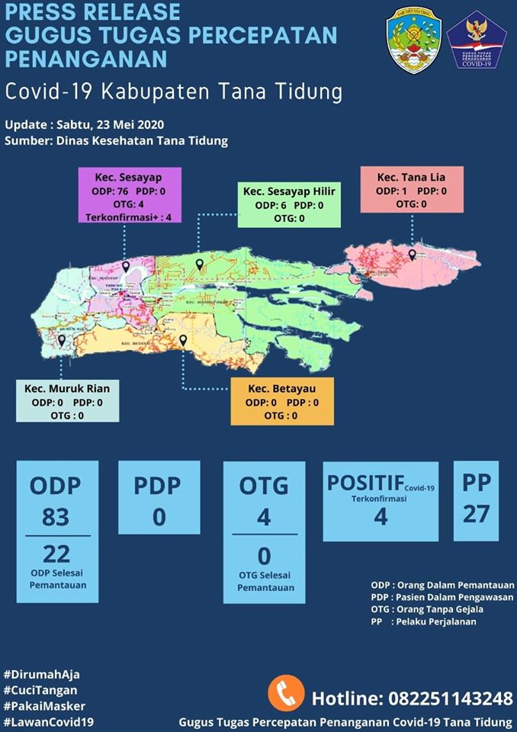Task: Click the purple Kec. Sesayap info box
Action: click(130, 195)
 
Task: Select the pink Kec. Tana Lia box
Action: click(412, 191)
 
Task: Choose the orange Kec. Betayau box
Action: click(283, 402)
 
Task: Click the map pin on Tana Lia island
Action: click(412, 255)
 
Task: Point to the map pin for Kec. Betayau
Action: click(183, 341)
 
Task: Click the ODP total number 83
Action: click(55, 518)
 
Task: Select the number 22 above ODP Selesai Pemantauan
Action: click(56, 553)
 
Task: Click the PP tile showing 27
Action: click(476, 500)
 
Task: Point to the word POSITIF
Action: click(365, 483)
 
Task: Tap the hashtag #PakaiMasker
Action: click(44, 706)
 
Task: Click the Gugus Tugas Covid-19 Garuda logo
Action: click(477, 40)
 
